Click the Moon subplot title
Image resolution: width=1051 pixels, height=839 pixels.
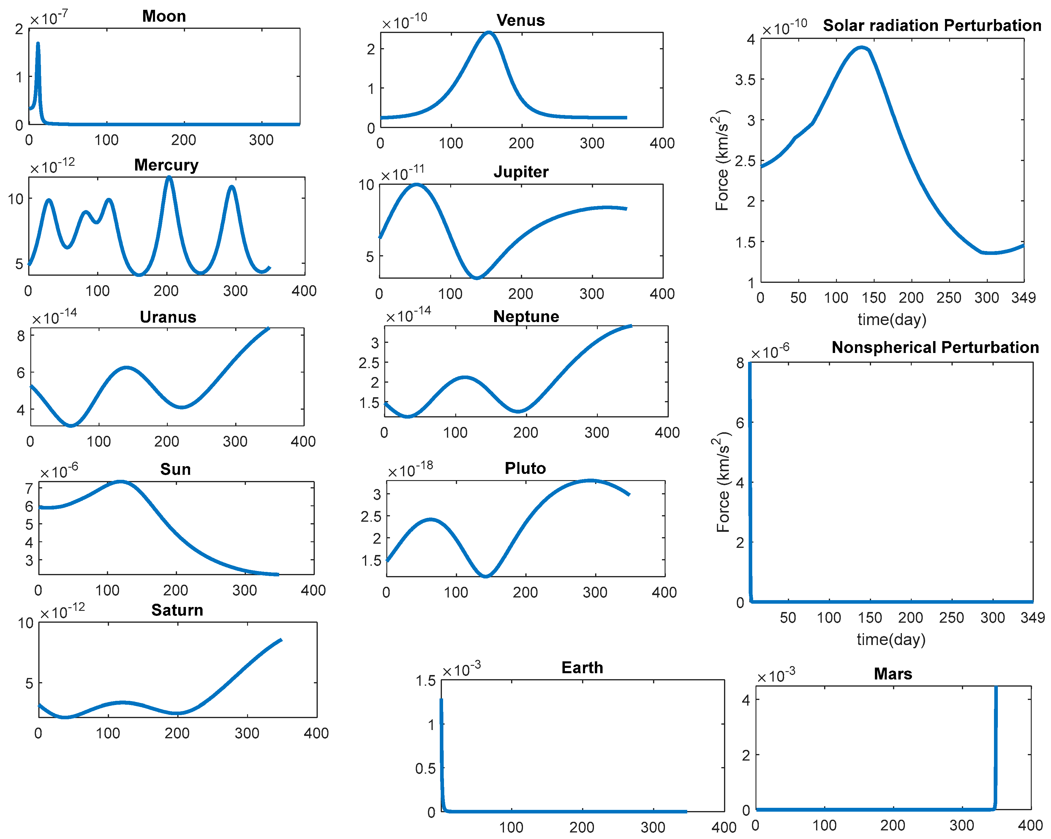164,16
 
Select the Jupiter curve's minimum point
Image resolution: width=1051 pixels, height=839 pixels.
477,277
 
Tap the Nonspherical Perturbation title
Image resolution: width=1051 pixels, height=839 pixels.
935,347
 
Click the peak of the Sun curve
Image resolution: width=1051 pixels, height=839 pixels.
120,482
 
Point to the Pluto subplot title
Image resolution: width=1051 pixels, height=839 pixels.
525,468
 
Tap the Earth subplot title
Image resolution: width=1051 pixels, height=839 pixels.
582,667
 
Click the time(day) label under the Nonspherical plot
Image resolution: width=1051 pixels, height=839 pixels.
891,639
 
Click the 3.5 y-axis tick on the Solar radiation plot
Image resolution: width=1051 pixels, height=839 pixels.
745,80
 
